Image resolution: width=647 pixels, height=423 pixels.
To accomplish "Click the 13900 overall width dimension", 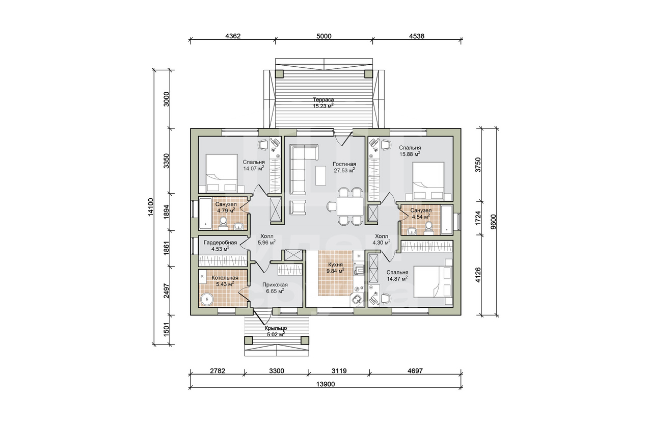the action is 326,384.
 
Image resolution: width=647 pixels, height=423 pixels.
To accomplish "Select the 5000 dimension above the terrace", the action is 324,36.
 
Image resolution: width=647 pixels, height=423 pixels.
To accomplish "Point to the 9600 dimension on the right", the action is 493,222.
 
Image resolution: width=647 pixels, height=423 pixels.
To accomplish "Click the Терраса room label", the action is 323,100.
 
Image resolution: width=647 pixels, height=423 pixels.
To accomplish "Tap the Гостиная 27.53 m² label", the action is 344,167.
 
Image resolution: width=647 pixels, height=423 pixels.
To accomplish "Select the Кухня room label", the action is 335,265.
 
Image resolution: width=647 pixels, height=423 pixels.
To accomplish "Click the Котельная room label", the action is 225,278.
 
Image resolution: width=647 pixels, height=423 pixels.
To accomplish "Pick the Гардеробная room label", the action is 220,243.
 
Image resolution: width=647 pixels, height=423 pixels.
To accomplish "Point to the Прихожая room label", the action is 275,285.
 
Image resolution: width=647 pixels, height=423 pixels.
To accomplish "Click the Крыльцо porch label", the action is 276,328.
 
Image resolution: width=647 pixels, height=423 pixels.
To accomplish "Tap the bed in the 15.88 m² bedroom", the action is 428,181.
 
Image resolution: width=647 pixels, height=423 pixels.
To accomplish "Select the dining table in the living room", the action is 350,206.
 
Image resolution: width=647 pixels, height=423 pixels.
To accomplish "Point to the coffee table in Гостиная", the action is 320,176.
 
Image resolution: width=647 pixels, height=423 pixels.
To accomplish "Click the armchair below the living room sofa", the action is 298,207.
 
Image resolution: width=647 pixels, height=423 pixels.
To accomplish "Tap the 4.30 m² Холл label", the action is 382,240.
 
